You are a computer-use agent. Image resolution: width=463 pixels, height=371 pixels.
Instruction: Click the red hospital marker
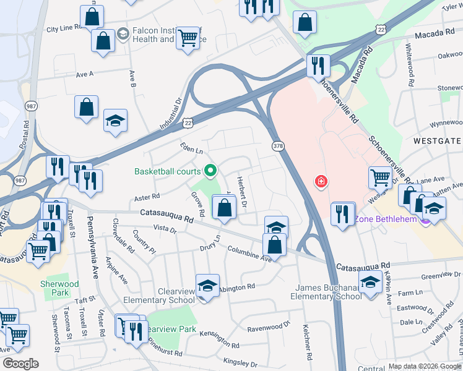[321, 181]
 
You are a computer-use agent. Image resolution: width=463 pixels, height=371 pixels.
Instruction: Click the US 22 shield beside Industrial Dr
[188, 123]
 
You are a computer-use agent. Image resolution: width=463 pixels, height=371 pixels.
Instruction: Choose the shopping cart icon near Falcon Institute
[188, 38]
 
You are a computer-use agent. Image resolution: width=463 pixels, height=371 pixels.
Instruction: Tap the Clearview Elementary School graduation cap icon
[207, 286]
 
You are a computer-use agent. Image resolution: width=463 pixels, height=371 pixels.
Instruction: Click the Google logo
[20, 363]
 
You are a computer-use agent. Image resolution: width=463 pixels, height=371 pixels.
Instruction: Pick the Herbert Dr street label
[242, 192]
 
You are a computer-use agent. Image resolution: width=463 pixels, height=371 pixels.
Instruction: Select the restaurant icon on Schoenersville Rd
[318, 66]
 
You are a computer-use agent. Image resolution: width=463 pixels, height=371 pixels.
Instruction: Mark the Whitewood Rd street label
[409, 60]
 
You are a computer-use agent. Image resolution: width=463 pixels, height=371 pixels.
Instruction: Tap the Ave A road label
[84, 74]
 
